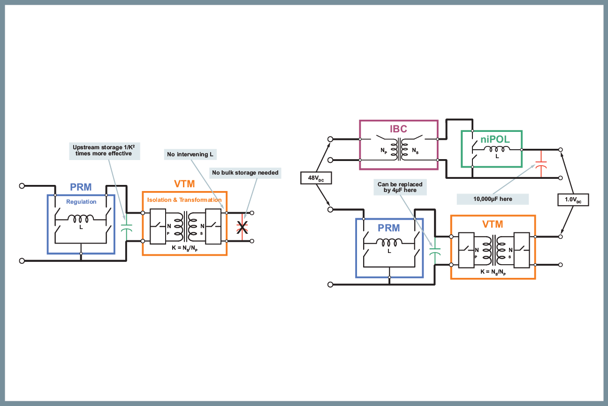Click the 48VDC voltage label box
coord(316,178)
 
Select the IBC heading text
coord(398,129)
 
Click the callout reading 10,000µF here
coord(493,199)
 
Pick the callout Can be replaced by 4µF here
coord(400,187)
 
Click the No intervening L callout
coord(190,154)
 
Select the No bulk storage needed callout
coord(245,173)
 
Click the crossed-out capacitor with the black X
coord(242,227)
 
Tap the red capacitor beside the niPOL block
coord(541,164)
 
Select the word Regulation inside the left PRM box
coord(81,202)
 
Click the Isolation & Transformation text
coord(184,200)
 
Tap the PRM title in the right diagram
coord(389,228)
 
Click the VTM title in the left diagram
coord(184,184)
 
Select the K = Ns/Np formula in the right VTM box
coord(493,272)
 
